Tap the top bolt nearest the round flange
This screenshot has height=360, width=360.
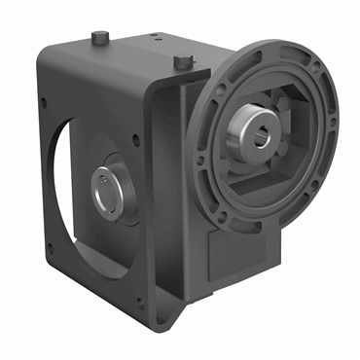(x=181, y=61)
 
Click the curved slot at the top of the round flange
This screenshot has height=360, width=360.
(x=269, y=56)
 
